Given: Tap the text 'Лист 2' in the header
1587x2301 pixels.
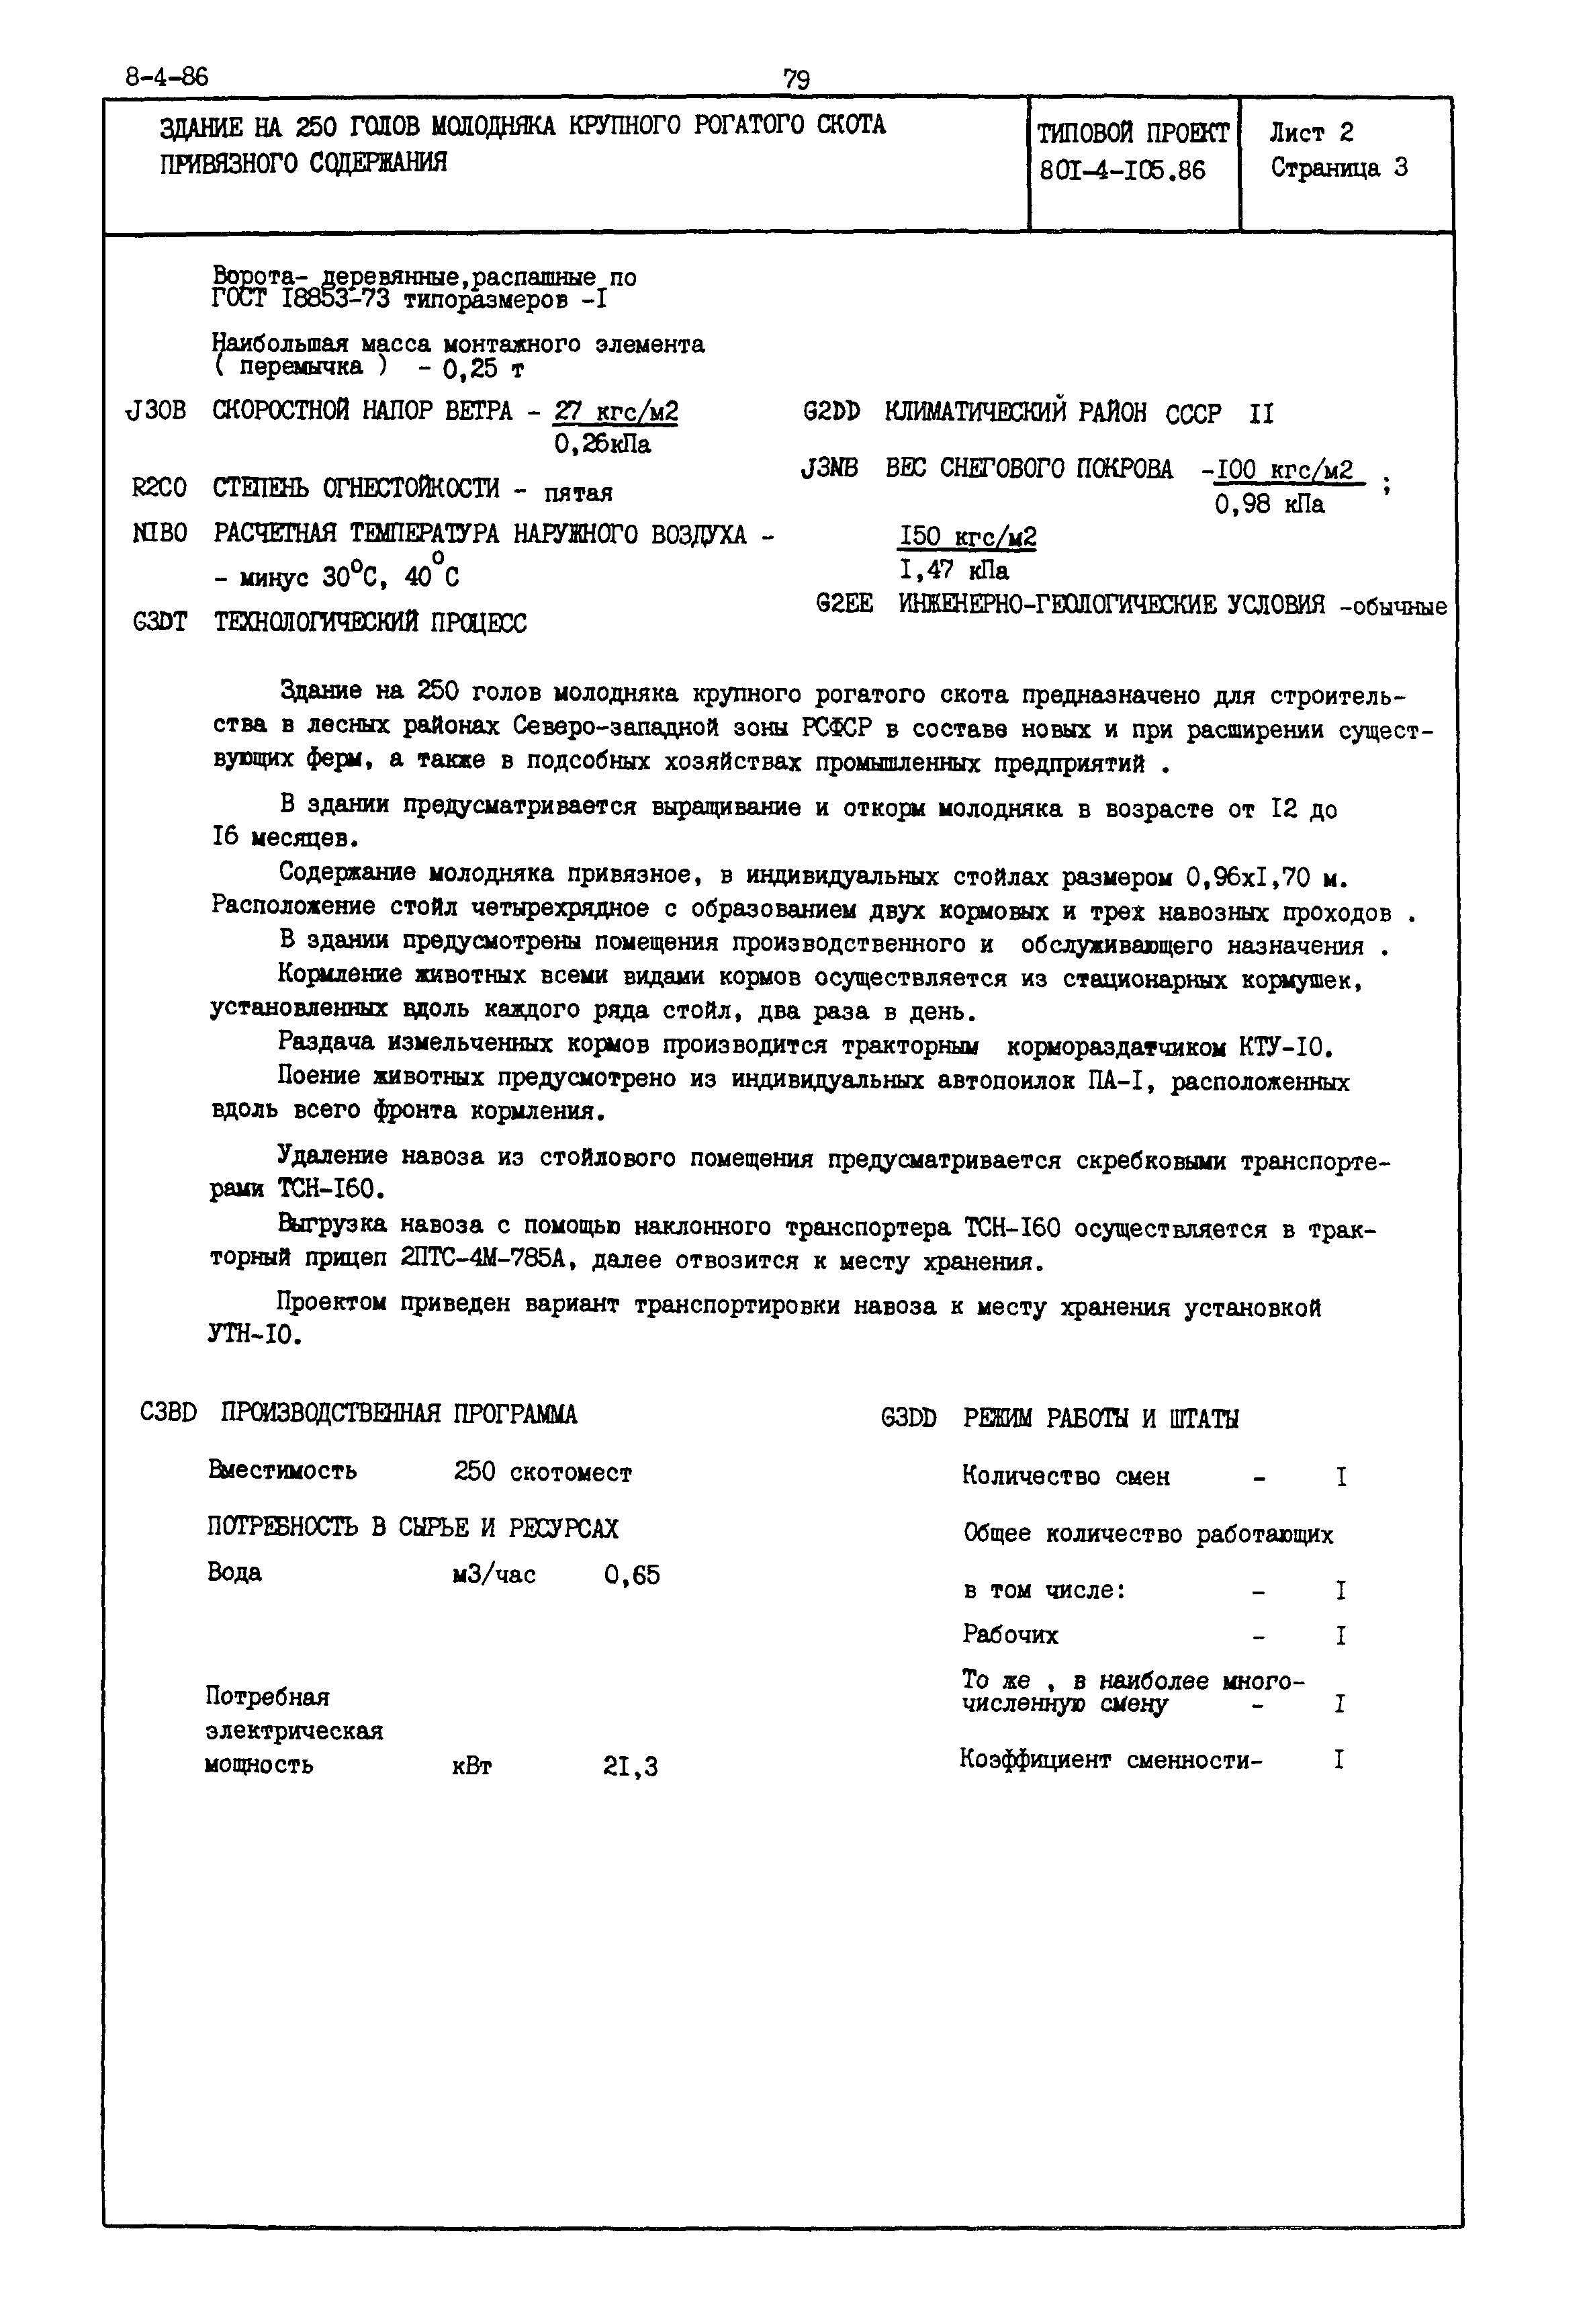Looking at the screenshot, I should (x=1310, y=132).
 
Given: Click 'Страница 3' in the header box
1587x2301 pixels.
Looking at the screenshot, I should (x=1339, y=167).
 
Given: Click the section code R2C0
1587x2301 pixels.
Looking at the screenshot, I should (x=159, y=488).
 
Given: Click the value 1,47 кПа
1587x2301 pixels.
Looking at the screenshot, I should (x=954, y=571).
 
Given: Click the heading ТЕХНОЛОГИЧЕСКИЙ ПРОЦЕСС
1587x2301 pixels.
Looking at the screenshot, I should (x=370, y=623).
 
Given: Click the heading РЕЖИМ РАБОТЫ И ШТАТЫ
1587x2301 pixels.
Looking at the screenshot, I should (x=1100, y=1419).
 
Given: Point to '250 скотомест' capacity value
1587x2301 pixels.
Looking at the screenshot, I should (x=542, y=1473).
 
